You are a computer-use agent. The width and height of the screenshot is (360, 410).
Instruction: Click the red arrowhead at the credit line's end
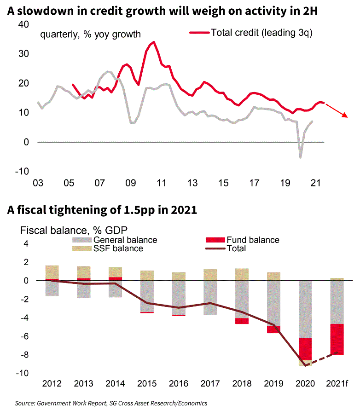click(x=346, y=115)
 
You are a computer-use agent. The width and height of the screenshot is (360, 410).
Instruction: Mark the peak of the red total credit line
click(x=154, y=42)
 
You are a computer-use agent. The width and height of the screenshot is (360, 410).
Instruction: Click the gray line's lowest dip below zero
click(x=301, y=157)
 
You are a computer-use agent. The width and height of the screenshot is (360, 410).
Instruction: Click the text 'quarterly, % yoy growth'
click(x=90, y=34)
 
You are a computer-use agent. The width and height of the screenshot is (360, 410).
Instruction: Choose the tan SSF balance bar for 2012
click(x=52, y=272)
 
